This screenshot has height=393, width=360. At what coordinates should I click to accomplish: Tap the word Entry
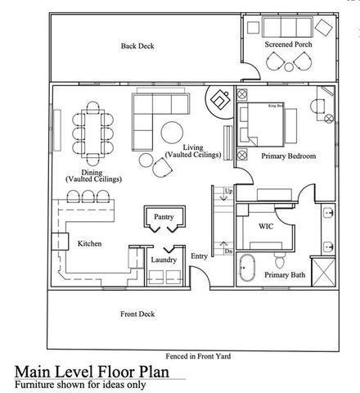[x=200, y=256]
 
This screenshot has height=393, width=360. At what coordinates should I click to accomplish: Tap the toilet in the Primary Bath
[x=281, y=260]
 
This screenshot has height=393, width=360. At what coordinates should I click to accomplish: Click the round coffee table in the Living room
[x=173, y=133]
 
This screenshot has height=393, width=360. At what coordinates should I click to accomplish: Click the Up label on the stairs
[x=228, y=191]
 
